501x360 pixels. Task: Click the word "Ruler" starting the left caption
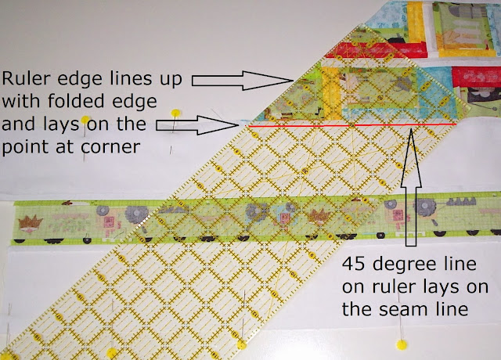(x=23, y=78)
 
